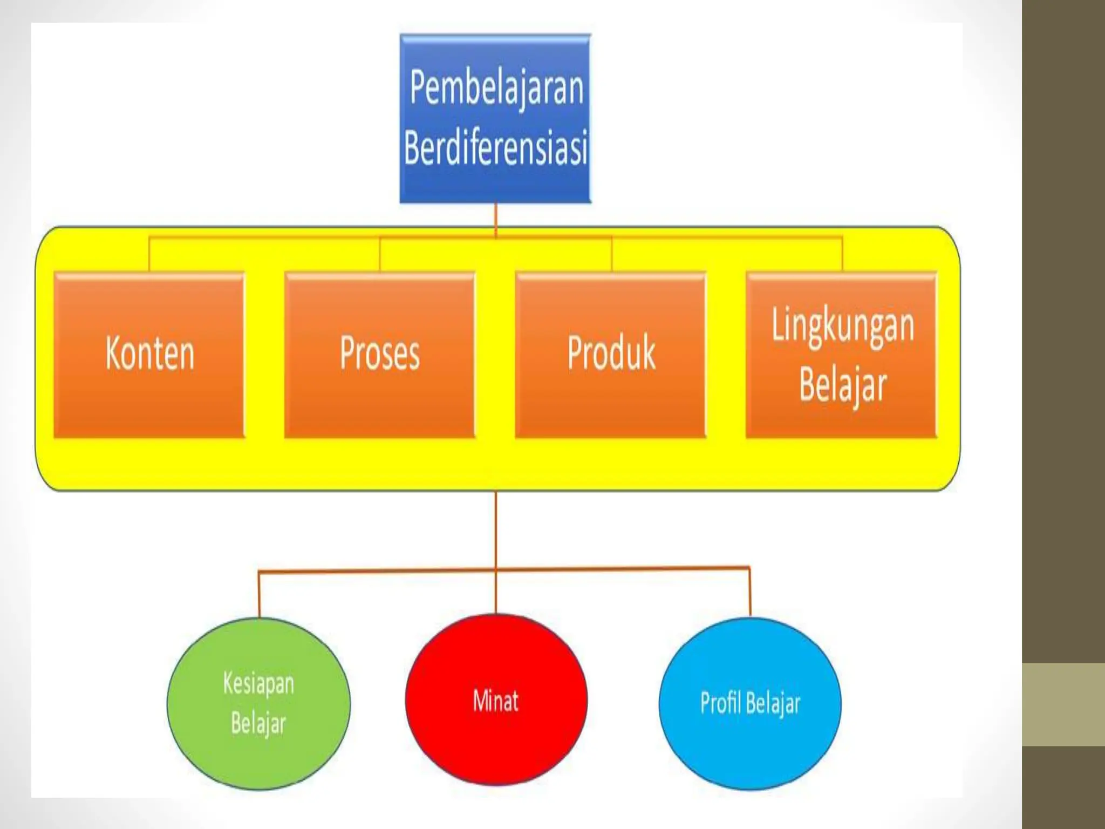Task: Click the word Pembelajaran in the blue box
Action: (x=496, y=88)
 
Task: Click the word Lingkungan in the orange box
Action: (x=843, y=325)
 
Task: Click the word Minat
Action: (x=496, y=701)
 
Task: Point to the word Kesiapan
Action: (x=258, y=683)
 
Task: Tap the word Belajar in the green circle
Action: (x=258, y=723)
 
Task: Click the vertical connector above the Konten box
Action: (x=149, y=254)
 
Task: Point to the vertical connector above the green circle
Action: (x=259, y=594)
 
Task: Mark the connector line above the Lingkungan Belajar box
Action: (x=842, y=254)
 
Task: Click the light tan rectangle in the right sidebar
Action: (x=1063, y=704)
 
